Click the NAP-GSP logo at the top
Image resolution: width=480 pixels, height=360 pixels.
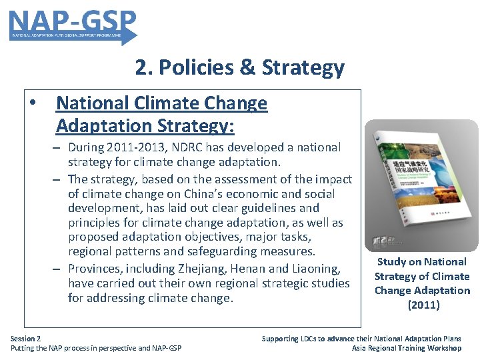click(73, 25)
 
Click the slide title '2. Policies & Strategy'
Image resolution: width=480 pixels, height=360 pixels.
click(239, 67)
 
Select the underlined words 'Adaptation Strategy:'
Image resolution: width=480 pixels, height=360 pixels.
click(145, 125)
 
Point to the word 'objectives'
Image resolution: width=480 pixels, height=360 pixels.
click(214, 237)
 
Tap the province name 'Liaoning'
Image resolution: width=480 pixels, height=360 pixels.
click(317, 268)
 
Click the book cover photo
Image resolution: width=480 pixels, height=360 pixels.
click(421, 185)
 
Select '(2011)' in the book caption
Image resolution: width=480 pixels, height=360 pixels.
click(423, 305)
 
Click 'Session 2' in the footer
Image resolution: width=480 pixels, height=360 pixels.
click(25, 339)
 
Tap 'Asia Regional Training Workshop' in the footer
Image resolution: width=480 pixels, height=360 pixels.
click(406, 348)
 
